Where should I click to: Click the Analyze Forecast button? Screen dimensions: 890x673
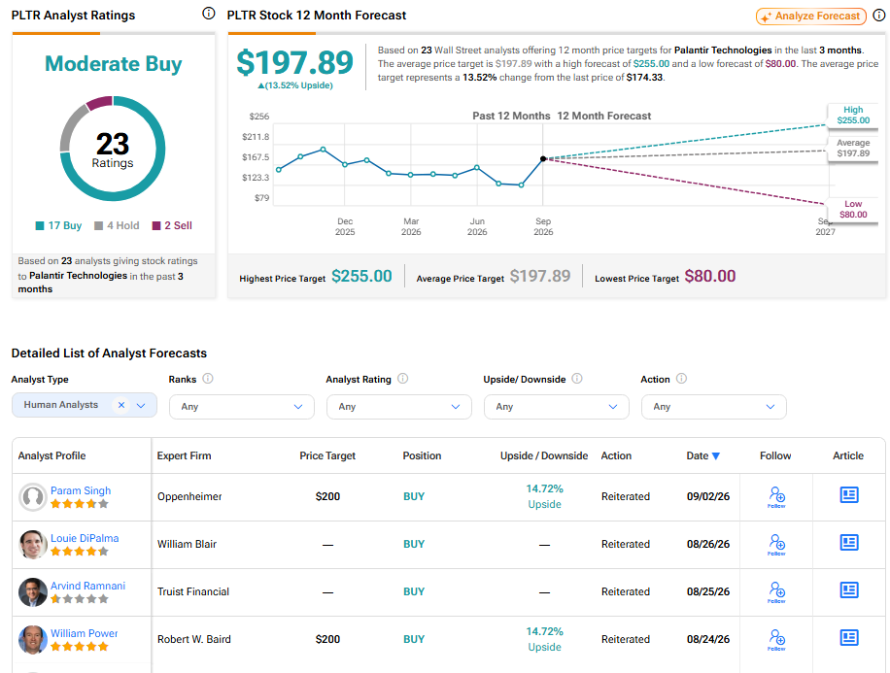810,16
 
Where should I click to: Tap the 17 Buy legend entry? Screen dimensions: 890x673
58,225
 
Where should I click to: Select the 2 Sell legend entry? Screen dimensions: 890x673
172,225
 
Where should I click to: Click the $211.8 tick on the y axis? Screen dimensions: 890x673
256,137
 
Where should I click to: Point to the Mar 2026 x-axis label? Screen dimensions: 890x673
411,226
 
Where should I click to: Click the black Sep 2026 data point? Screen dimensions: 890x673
543,159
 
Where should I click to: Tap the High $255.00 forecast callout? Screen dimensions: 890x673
853,115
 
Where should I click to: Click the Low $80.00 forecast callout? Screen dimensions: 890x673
853,209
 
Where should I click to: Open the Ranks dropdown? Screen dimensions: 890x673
242,407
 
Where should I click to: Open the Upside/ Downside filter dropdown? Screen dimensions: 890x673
556,407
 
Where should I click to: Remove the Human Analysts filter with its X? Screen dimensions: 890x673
120,405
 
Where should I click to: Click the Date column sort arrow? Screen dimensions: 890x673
716,455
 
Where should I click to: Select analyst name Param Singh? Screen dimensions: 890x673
81,490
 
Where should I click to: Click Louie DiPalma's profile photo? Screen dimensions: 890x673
33,544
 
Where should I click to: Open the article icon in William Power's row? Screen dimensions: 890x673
849,638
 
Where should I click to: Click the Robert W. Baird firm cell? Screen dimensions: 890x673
194,639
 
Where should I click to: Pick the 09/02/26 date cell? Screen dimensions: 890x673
708,496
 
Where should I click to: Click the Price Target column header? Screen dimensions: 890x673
327,455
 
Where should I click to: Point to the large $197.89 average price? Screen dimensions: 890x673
294,62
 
